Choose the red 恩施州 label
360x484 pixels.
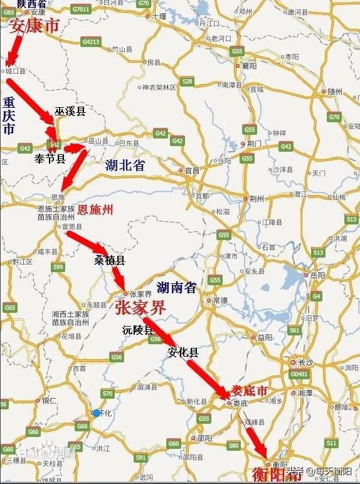(x=95, y=210)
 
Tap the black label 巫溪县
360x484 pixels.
(x=70, y=111)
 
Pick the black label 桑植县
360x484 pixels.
(x=110, y=260)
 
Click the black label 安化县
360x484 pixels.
(x=183, y=353)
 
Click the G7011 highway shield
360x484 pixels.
(x=81, y=9)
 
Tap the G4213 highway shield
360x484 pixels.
(x=90, y=42)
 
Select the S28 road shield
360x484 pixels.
(x=187, y=82)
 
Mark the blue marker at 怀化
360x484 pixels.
(x=96, y=413)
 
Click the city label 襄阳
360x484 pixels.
(x=251, y=65)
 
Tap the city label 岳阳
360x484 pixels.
(x=314, y=275)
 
